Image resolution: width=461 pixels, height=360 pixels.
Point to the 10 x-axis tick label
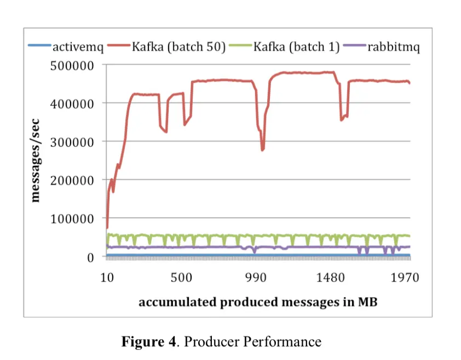point(107,277)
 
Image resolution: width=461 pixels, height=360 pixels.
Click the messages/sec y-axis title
point(36,160)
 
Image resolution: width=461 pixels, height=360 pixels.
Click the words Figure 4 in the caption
point(149,342)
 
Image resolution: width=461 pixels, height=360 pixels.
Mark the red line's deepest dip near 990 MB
point(263,149)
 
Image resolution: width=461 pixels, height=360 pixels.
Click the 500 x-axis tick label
point(182,277)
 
